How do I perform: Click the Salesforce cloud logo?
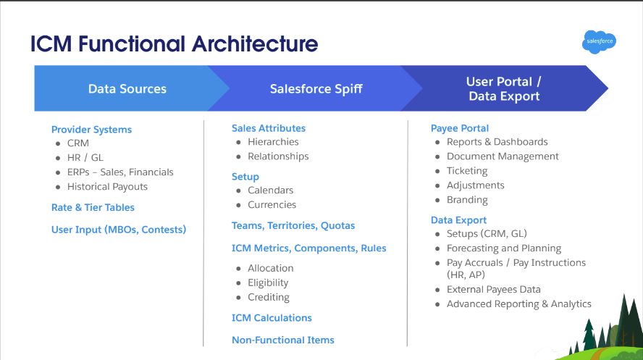[x=599, y=41]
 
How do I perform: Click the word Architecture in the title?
[x=255, y=44]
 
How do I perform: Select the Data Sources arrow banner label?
[x=127, y=89]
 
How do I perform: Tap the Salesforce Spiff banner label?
[x=316, y=89]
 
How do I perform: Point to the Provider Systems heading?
[x=91, y=130]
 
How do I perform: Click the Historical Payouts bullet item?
[x=107, y=187]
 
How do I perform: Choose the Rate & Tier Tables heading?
[x=93, y=207]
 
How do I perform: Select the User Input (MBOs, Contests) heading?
[x=119, y=230]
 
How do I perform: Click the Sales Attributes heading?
[x=269, y=128]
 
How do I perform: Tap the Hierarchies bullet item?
[x=273, y=142]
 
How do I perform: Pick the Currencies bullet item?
[x=272, y=204]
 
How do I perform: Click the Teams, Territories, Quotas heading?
[x=293, y=225]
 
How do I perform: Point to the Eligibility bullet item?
[x=268, y=283]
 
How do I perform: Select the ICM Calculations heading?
[x=272, y=318]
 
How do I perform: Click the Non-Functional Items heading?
[x=283, y=340]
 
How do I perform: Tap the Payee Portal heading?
[x=460, y=128]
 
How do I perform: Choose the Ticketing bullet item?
[x=467, y=171]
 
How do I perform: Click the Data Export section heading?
[x=458, y=220]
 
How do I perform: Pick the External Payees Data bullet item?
[x=493, y=290]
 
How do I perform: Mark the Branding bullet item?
[x=467, y=200]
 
